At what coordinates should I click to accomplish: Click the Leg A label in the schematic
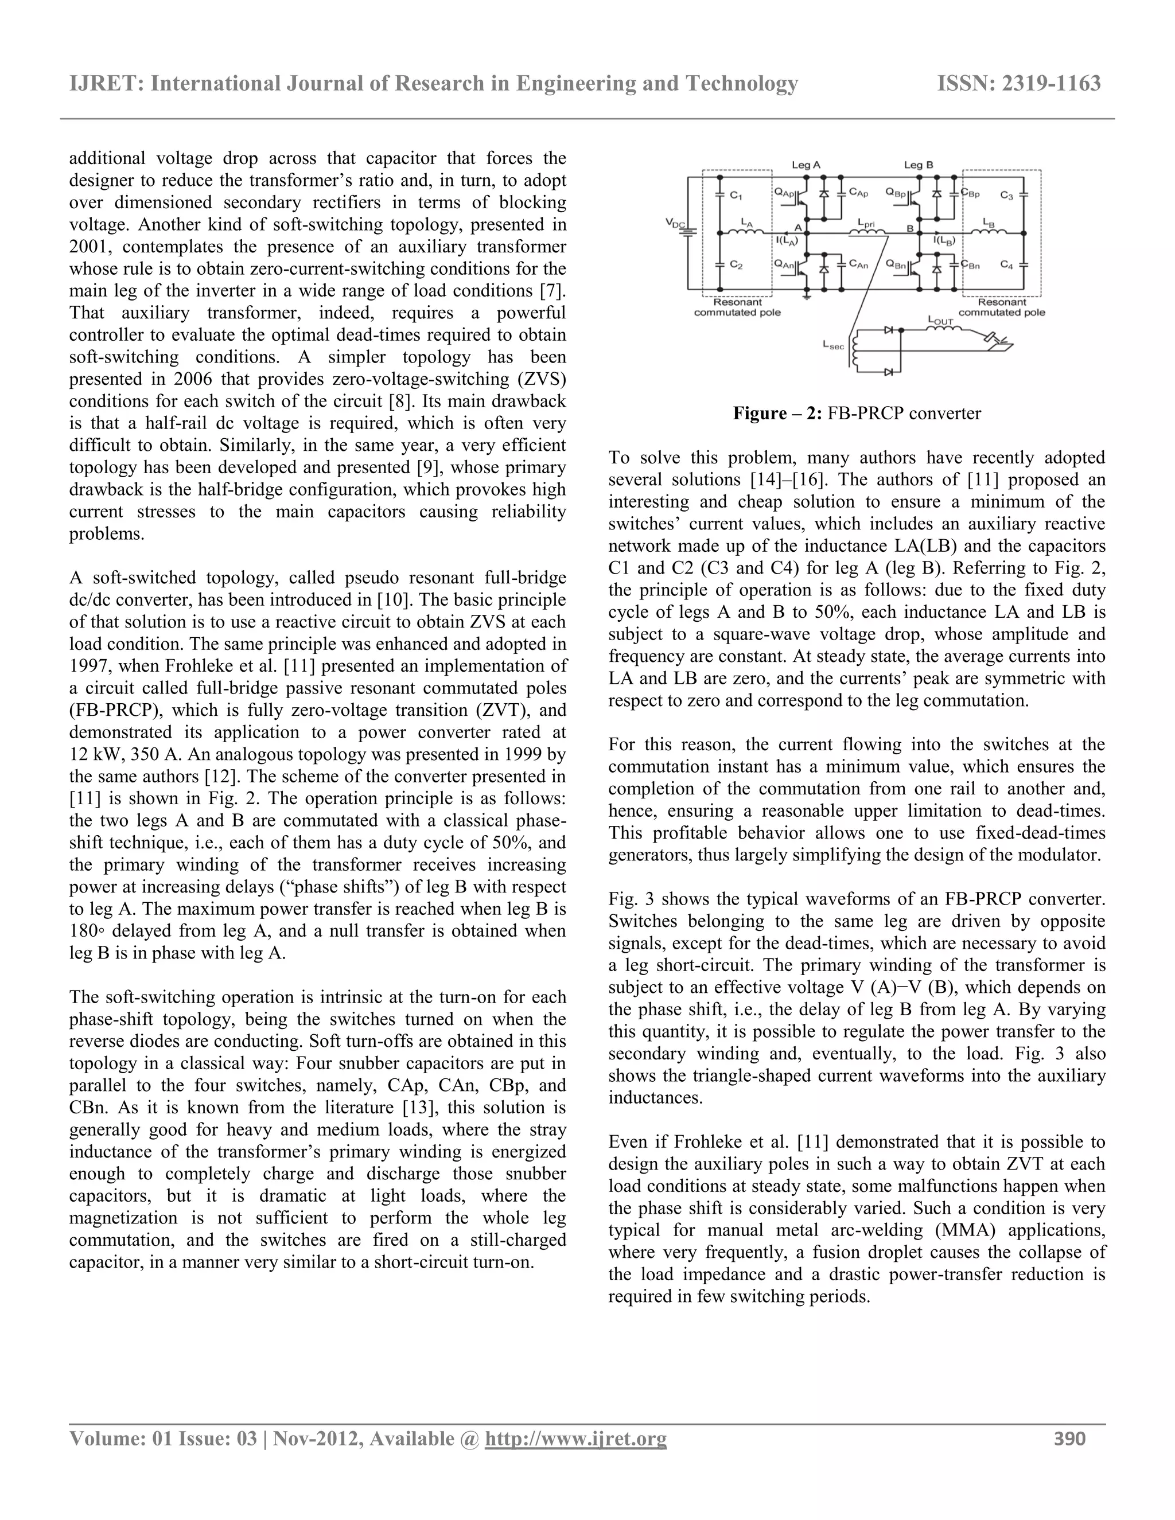[x=806, y=165]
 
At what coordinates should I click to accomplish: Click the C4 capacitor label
[x=1007, y=264]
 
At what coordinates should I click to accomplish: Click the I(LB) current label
[x=944, y=241]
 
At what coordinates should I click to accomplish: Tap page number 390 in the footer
[x=1070, y=1439]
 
